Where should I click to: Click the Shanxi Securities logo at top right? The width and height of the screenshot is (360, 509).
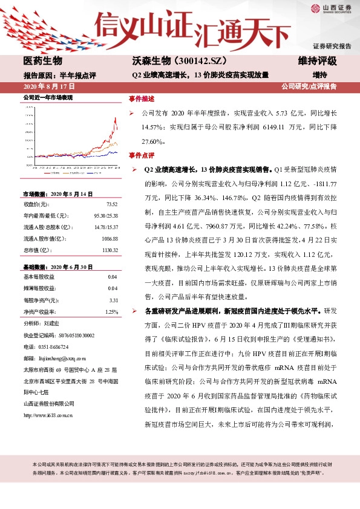coord(331,8)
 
